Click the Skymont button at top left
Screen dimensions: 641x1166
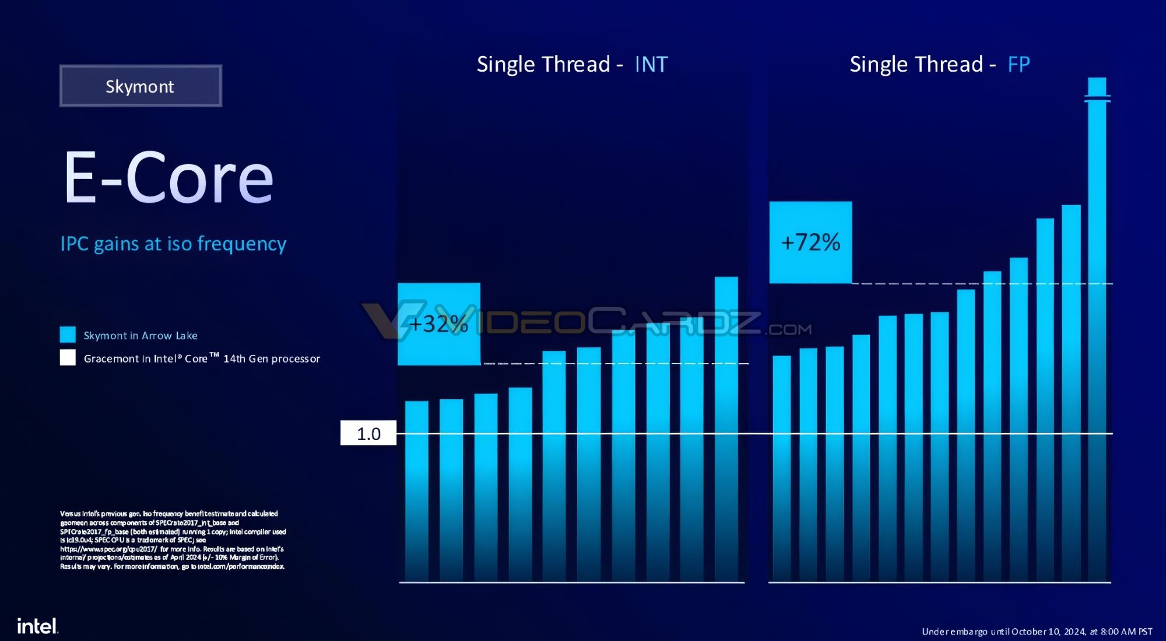pos(141,86)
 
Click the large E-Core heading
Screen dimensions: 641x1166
pos(168,178)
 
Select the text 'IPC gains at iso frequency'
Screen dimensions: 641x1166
pos(173,244)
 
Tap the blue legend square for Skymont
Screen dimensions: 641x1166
pos(68,334)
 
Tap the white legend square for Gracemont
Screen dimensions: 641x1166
pos(68,357)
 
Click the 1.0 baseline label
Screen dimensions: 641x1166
pos(368,434)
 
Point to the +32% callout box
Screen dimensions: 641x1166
pos(438,324)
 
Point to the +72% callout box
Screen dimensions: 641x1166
pos(810,242)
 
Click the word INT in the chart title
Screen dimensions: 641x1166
pos(651,64)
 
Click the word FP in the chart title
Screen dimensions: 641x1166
pos(1019,64)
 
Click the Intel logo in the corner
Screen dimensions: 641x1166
pos(37,626)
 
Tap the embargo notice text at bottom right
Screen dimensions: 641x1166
pos(1037,632)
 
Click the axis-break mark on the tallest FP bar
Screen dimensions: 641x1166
pos(1097,98)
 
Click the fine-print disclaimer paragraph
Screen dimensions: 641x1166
pos(173,540)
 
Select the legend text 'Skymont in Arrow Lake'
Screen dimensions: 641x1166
pos(141,336)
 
